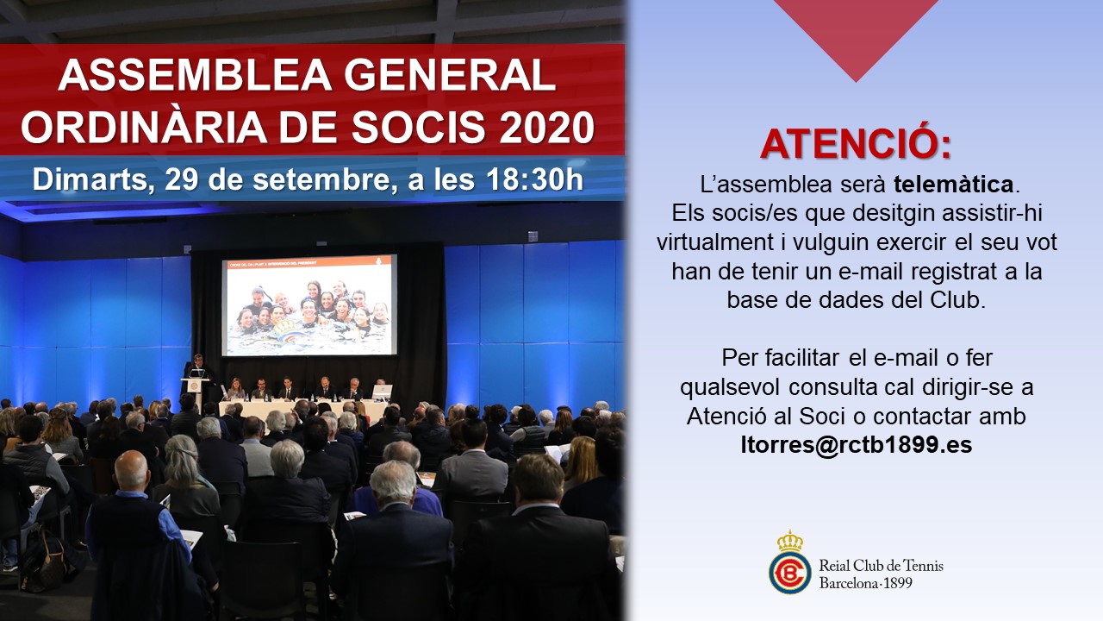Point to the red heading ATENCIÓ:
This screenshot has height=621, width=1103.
(x=856, y=144)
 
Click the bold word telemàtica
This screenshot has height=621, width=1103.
(x=954, y=185)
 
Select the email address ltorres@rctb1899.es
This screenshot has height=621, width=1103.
(x=857, y=445)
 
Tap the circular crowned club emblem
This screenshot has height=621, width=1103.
(x=790, y=562)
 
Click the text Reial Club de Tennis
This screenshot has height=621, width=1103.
(x=881, y=565)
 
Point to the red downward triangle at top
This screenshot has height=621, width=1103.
(x=857, y=34)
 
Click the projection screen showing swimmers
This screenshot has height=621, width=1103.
(x=309, y=305)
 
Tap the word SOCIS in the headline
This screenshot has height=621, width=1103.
(x=418, y=127)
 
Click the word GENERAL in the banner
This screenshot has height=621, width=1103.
(x=450, y=75)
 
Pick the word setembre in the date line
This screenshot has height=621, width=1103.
(x=321, y=180)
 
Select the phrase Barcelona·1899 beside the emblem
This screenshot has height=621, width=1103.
(x=866, y=584)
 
